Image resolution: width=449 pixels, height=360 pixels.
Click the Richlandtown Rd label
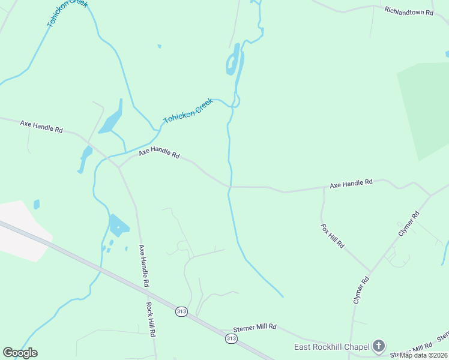pyautogui.click(x=408, y=11)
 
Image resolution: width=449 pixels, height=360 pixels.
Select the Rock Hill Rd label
pyautogui.click(x=152, y=319)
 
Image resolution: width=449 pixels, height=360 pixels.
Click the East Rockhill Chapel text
pyautogui.click(x=331, y=347)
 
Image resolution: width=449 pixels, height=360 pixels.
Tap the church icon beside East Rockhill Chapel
pyautogui.click(x=378, y=346)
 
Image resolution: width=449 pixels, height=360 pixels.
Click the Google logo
pyautogui.click(x=20, y=353)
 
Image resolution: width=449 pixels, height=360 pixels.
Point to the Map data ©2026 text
pyautogui.click(x=424, y=355)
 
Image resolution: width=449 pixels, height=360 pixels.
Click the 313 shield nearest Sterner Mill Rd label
pyautogui.click(x=231, y=339)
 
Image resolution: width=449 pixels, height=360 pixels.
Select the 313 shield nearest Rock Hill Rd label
pyautogui.click(x=181, y=311)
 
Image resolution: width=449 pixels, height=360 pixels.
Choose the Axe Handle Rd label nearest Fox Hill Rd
pyautogui.click(x=351, y=182)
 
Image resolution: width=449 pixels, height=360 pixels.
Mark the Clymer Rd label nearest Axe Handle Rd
pyautogui.click(x=408, y=223)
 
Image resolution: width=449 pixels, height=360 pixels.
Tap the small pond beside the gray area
pyautogui.click(x=37, y=205)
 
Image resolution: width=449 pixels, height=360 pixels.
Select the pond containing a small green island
pyautogui.click(x=118, y=226)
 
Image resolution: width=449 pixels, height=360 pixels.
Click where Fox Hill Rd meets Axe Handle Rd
pyautogui.click(x=324, y=188)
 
